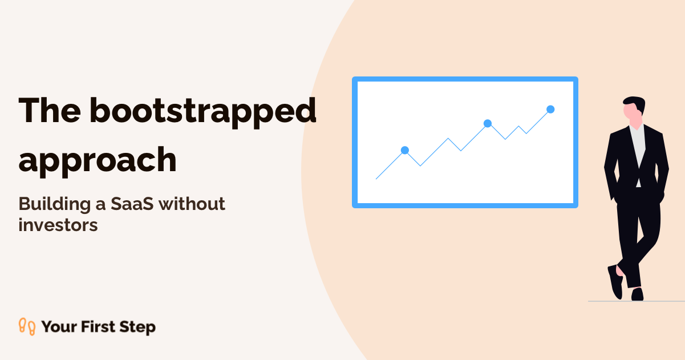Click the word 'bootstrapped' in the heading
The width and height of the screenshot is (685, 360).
pos(202,112)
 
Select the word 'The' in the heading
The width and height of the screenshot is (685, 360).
pos(50,110)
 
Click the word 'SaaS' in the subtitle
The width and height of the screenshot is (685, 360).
pos(132,204)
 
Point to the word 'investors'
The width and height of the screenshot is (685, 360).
pos(58,225)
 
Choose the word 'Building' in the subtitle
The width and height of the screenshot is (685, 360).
pos(54,204)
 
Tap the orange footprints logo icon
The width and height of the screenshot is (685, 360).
pos(27,327)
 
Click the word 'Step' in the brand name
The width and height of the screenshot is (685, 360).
pos(137,327)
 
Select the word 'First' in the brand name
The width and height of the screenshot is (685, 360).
pos(98,326)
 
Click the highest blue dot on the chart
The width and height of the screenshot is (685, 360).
pos(550,109)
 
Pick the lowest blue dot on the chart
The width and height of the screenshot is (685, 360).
pos(405,150)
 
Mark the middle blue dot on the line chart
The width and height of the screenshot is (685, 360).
pos(488,124)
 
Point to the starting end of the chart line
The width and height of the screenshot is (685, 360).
pos(376,179)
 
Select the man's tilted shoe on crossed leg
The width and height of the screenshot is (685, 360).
pos(615,282)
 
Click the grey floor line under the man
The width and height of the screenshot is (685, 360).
pos(637,301)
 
